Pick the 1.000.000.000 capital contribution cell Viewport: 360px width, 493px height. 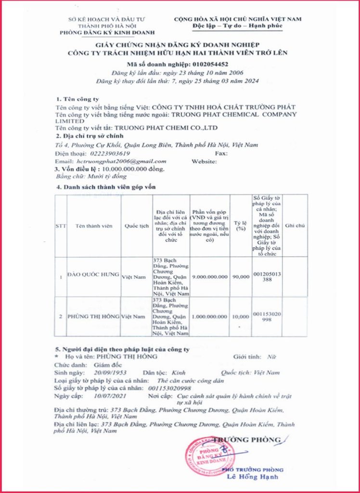tap(209, 316)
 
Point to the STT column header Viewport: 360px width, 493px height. tap(60, 226)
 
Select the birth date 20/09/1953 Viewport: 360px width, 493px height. tap(109, 373)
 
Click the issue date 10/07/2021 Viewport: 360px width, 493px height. tap(108, 395)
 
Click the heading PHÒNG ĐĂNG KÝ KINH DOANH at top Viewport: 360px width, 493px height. tap(107, 32)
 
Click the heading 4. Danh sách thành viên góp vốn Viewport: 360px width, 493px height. tap(106, 186)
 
